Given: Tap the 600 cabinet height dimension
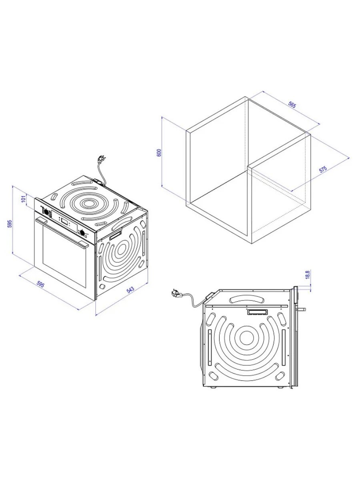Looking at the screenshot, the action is coord(159,152).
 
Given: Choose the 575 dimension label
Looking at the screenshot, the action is coord(323,169).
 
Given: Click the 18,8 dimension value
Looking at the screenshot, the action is coord(308,274).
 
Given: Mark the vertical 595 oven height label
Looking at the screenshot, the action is coord(10,224).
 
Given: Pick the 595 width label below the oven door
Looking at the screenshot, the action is coord(40,284).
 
